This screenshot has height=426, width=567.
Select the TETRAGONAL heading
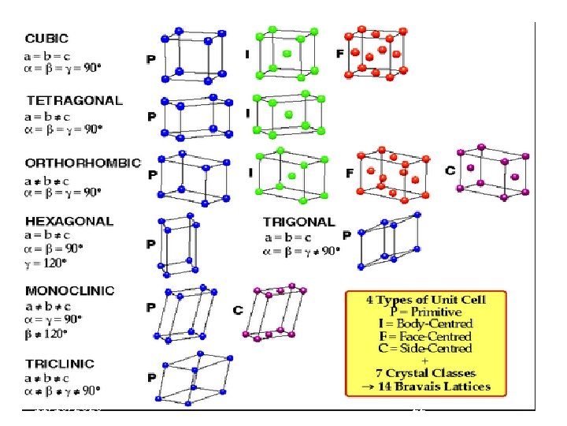(74, 100)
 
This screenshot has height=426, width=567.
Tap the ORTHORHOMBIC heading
(83, 163)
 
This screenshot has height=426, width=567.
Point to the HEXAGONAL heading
(69, 222)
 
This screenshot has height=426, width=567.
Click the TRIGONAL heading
(298, 222)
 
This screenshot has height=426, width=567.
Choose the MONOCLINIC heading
(70, 291)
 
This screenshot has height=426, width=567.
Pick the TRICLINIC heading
(60, 364)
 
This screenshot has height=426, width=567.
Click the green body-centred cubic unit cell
(286, 54)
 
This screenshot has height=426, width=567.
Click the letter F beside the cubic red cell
(339, 54)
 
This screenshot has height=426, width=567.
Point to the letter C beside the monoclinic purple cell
(238, 311)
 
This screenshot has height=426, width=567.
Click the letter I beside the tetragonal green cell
(247, 113)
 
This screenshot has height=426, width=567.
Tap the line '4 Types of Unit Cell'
(426, 300)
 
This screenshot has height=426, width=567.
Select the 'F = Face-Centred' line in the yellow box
(426, 336)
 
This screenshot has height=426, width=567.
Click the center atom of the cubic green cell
(287, 55)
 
